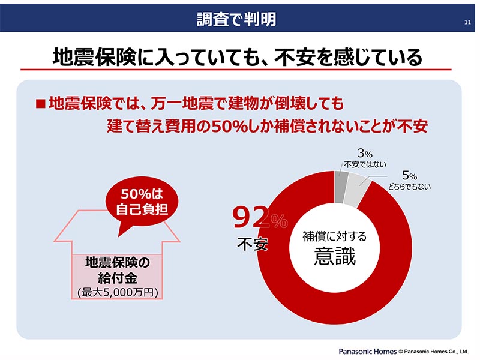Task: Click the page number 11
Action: point(467,23)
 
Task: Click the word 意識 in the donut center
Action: point(335,256)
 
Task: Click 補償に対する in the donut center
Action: point(335,236)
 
